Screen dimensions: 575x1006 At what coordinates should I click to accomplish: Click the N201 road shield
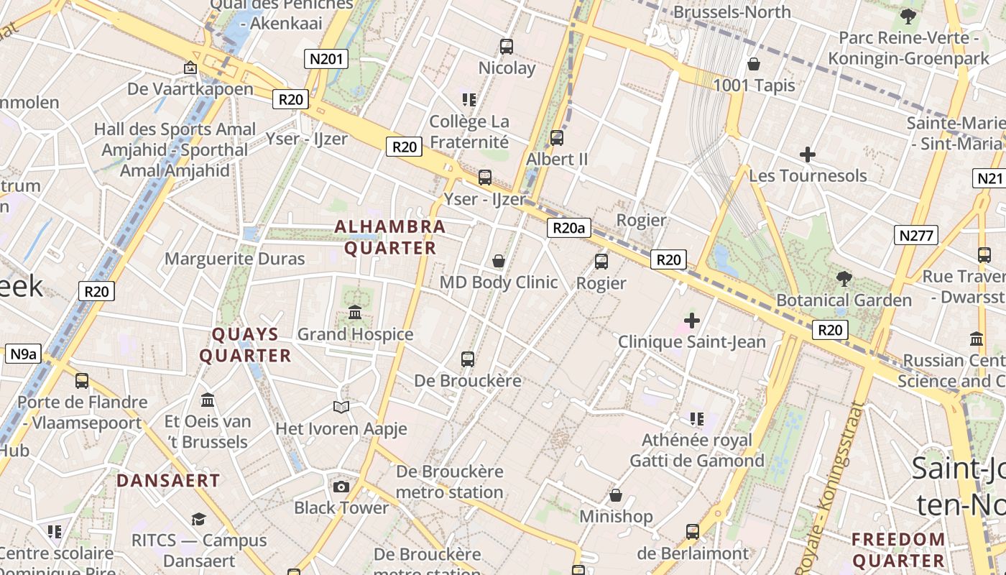click(x=326, y=59)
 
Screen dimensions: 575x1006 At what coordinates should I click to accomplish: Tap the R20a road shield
click(x=568, y=229)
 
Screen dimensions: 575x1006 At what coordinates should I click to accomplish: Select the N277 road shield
click(x=916, y=234)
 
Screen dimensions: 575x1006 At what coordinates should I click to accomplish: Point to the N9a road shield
click(x=24, y=354)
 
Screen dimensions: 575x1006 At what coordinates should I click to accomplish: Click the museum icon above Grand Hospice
click(x=355, y=313)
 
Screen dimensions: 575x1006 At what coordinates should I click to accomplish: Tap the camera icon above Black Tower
click(x=341, y=487)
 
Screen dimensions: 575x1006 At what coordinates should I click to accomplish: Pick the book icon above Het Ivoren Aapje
click(x=341, y=408)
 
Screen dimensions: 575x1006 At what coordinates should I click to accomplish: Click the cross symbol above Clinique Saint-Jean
click(x=692, y=320)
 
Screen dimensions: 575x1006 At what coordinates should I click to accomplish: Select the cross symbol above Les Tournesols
click(x=808, y=154)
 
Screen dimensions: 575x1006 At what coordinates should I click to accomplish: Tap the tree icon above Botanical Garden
click(x=844, y=278)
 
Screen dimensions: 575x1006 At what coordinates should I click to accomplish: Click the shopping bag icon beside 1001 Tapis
click(x=754, y=64)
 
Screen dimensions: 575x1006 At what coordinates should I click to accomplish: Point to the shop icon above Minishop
click(x=616, y=495)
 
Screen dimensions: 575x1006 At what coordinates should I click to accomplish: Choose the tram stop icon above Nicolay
click(x=507, y=47)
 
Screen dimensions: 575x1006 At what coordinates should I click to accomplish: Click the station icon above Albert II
click(x=557, y=137)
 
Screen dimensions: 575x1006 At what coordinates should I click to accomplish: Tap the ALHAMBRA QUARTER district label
click(x=390, y=237)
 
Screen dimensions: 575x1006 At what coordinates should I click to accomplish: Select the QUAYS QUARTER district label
click(x=245, y=345)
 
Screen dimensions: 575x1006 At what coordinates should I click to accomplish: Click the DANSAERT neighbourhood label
click(x=168, y=480)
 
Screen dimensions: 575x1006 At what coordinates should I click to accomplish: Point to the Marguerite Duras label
click(x=235, y=259)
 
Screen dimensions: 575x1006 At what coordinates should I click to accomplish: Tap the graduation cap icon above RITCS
click(x=198, y=519)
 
